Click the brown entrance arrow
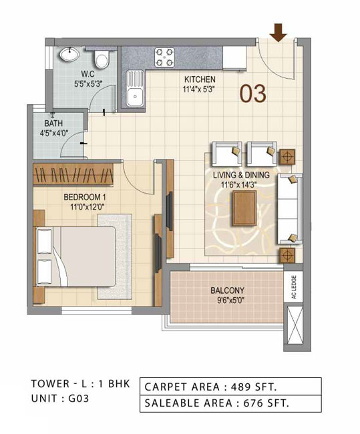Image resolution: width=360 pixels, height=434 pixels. pyautogui.click(x=279, y=33)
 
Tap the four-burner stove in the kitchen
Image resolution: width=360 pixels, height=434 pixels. pyautogui.click(x=164, y=57)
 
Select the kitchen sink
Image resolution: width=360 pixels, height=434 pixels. pyautogui.click(x=135, y=89)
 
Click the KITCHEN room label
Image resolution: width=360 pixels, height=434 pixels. pyautogui.click(x=200, y=79)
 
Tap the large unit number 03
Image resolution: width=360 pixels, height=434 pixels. pyautogui.click(x=253, y=93)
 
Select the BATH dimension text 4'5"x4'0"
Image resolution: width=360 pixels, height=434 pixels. pyautogui.click(x=54, y=134)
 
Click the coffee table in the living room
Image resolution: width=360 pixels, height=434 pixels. pyautogui.click(x=244, y=208)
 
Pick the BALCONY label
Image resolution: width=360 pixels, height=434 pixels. pyautogui.click(x=227, y=290)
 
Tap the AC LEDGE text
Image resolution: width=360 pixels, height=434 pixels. pyautogui.click(x=294, y=286)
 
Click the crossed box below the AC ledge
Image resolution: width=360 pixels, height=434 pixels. pyautogui.click(x=294, y=325)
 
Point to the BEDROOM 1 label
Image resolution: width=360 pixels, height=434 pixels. pyautogui.click(x=85, y=198)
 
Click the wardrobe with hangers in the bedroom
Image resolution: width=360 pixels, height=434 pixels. pyautogui.click(x=73, y=174)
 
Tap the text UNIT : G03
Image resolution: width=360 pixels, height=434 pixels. pyautogui.click(x=60, y=399)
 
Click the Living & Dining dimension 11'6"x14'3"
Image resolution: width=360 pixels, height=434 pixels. pyautogui.click(x=238, y=184)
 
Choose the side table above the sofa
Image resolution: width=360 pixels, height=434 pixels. pyautogui.click(x=287, y=157)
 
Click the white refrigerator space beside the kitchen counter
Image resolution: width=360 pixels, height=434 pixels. pyautogui.click(x=234, y=57)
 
